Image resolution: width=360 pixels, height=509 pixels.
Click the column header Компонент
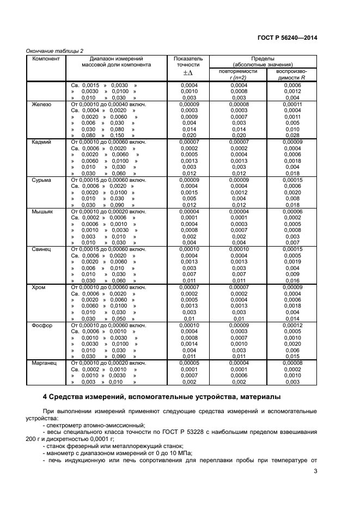[46, 58]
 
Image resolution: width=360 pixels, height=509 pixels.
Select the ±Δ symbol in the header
[188, 73]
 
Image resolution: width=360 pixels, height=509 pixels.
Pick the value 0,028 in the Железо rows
[292, 136]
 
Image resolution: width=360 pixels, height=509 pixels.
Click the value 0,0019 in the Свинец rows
[292, 261]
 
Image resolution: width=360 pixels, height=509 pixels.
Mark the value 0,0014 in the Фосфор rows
[188, 344]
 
